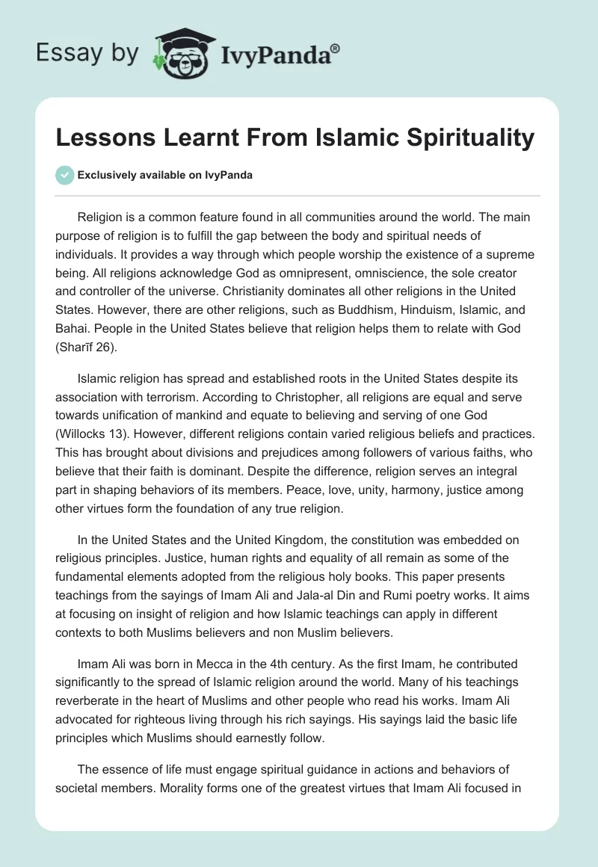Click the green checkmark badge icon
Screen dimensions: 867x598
click(x=65, y=176)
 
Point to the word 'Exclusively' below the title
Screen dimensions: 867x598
click(x=103, y=176)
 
